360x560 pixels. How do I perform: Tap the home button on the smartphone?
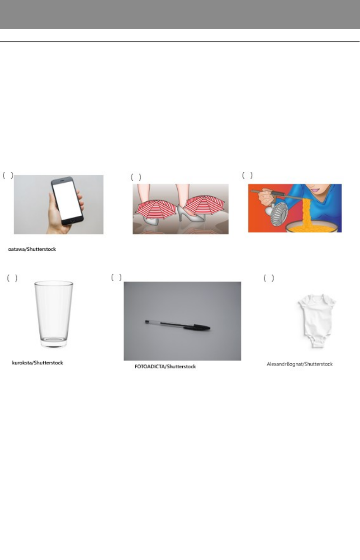[x=72, y=221]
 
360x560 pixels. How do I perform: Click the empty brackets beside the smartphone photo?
[x=8, y=175]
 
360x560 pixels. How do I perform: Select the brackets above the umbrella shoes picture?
[x=136, y=177]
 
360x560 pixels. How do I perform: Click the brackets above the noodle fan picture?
[x=247, y=175]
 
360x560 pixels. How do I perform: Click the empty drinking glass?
[x=54, y=314]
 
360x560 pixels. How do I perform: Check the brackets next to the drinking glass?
[x=12, y=278]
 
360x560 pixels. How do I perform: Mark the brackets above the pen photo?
[x=116, y=277]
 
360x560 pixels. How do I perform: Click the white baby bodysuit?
[x=317, y=321]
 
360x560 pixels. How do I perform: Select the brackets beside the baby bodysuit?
[x=269, y=278]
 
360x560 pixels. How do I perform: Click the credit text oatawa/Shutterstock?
[x=32, y=249]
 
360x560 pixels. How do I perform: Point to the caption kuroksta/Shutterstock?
[x=37, y=363]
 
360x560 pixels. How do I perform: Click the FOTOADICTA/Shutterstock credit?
[x=165, y=367]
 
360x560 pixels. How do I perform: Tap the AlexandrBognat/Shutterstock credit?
[x=300, y=364]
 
